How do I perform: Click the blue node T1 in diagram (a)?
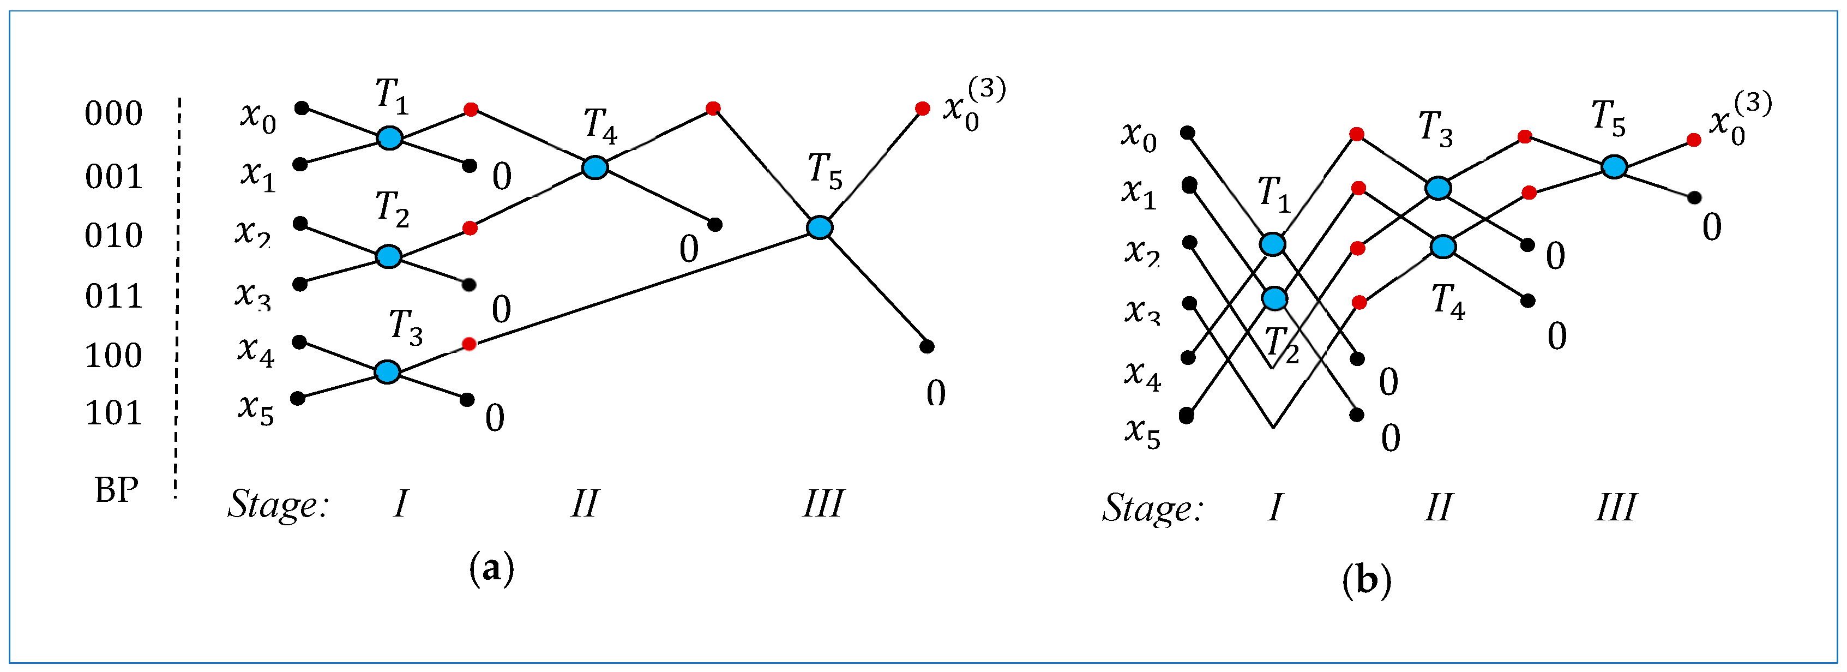389,137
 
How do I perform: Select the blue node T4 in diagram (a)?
594,167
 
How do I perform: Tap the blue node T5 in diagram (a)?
820,227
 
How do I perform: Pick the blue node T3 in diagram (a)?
387,371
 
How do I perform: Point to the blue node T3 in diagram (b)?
1437,188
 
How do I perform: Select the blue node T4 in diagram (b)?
1442,246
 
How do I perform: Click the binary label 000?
113,114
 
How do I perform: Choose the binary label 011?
113,296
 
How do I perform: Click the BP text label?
116,490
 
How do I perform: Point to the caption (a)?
491,569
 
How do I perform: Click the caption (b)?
1366,579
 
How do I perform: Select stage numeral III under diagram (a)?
822,504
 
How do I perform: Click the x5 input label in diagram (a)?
256,410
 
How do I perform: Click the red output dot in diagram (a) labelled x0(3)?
923,109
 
